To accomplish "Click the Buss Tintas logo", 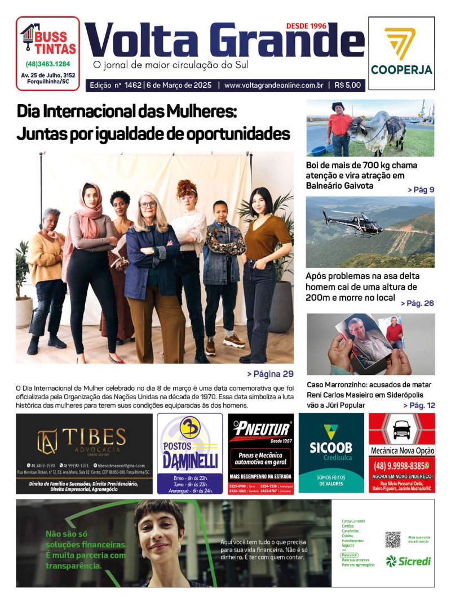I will (x=48, y=40).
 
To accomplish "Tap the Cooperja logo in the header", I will (x=401, y=53).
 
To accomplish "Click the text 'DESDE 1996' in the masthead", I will (x=306, y=26).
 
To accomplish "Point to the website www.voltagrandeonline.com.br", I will (x=273, y=86).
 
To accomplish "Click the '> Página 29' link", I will (x=270, y=374).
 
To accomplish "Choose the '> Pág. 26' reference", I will (x=417, y=303).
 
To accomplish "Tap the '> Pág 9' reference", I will (x=421, y=190).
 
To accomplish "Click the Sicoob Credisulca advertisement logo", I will (x=331, y=445).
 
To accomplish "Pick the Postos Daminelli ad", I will (x=189, y=453).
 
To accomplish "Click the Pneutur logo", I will (x=260, y=430).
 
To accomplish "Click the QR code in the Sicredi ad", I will (x=392, y=540).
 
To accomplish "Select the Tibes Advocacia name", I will (x=94, y=437).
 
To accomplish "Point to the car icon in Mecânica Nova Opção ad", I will (x=401, y=430).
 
